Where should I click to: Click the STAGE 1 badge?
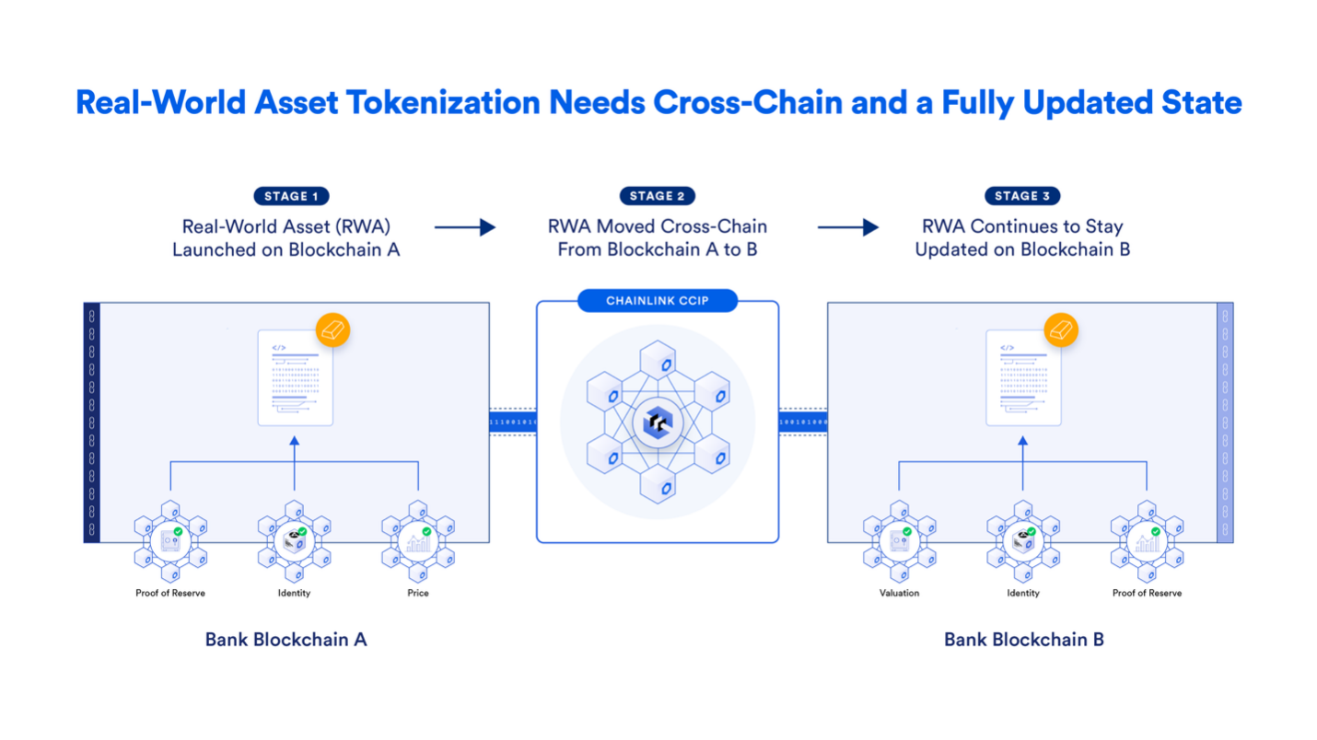[291, 196]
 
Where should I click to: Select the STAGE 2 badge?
[658, 196]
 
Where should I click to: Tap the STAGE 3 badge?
[1022, 196]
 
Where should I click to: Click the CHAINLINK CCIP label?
[658, 301]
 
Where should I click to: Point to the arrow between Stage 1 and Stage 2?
[465, 227]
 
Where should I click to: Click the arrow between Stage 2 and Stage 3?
[848, 227]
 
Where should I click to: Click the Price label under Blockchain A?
[418, 594]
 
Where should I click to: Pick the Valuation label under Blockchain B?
[899, 594]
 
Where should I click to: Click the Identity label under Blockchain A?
[294, 594]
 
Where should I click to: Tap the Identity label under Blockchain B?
[1023, 594]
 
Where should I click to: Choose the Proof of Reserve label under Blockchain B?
[1147, 594]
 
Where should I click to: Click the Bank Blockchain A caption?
[286, 640]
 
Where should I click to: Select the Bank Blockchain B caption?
[1023, 640]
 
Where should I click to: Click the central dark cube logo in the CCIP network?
[658, 422]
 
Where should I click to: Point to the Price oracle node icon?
[418, 541]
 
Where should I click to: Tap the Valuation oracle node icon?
[899, 541]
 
